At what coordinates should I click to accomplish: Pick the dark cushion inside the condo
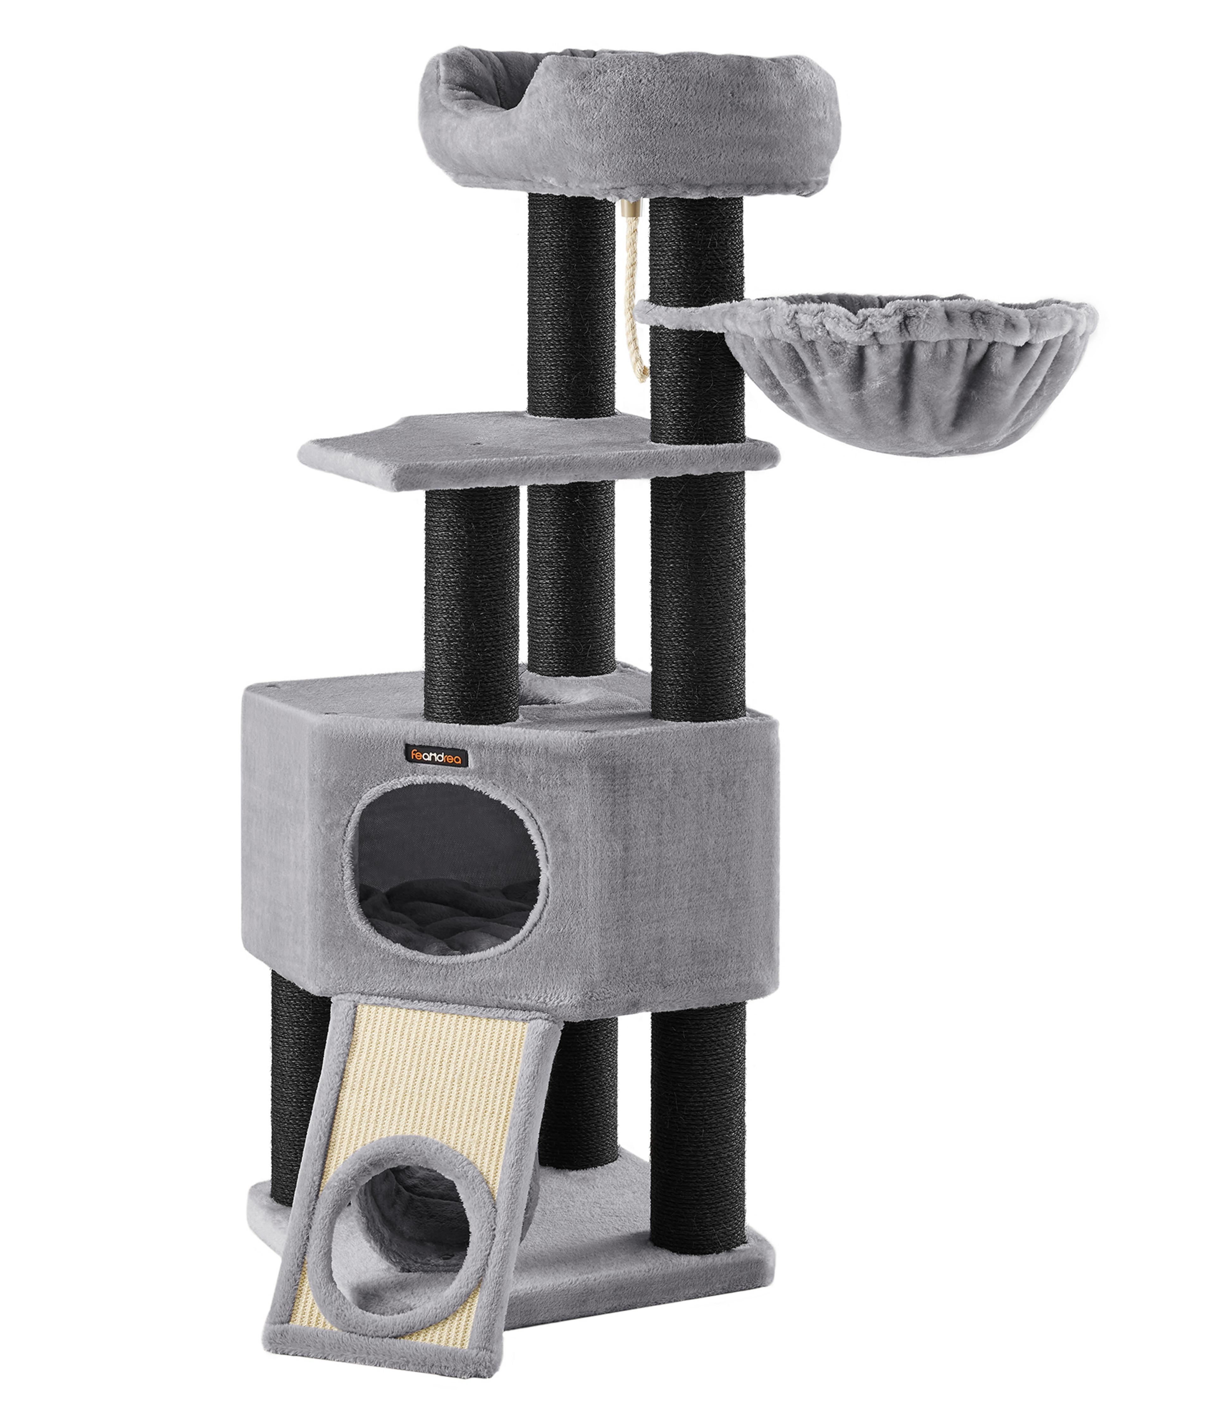(x=448, y=917)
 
